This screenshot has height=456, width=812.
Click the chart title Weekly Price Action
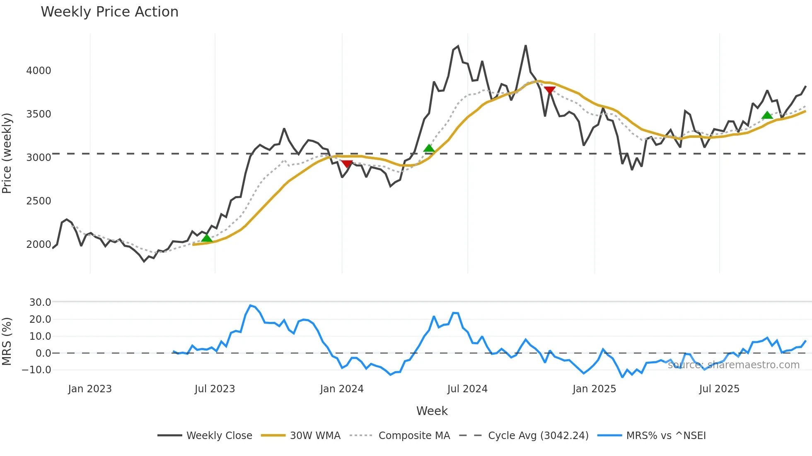click(x=109, y=12)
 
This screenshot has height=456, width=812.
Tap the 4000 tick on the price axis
click(x=39, y=71)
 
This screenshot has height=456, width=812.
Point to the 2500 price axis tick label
click(x=39, y=201)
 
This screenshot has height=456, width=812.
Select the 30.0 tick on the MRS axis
click(x=40, y=302)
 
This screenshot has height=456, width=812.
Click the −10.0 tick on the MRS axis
click(x=37, y=370)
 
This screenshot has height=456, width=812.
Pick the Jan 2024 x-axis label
click(x=342, y=389)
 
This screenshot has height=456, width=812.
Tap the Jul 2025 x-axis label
click(x=719, y=389)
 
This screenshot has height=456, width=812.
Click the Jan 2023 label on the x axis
click(x=90, y=389)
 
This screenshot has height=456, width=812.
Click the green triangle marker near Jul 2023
click(x=207, y=238)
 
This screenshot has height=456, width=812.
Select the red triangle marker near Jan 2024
click(x=347, y=164)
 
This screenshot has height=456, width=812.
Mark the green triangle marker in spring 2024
click(x=429, y=148)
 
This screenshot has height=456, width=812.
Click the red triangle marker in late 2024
click(x=550, y=91)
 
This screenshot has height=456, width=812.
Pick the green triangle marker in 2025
click(x=767, y=115)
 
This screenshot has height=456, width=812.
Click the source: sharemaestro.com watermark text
click(x=733, y=365)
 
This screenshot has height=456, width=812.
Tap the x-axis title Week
click(x=432, y=411)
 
